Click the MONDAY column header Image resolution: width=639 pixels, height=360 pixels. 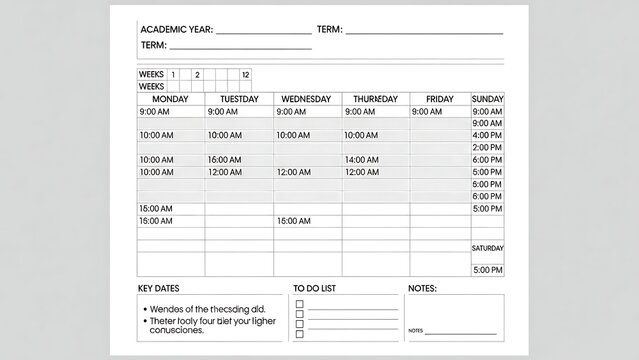tap(170, 99)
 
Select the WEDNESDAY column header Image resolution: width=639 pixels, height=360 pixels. tap(307, 99)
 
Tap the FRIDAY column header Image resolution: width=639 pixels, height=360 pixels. tap(439, 99)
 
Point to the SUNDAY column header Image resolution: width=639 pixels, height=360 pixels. tap(487, 99)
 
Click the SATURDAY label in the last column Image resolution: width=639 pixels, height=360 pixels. tap(487, 248)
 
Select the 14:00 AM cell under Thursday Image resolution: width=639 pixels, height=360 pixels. tap(361, 160)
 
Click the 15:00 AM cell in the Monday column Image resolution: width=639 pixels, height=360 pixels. tap(155, 208)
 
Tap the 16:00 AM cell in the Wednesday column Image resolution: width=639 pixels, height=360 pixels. tap(292, 221)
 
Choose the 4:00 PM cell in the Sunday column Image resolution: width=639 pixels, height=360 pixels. tap(487, 135)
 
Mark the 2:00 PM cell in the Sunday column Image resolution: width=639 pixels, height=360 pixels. tap(487, 148)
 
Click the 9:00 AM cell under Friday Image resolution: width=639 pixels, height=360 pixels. tap(428, 112)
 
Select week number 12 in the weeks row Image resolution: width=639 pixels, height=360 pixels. tap(246, 74)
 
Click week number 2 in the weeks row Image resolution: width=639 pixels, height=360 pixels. tap(197, 74)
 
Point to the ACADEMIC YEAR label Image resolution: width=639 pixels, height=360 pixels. tap(176, 30)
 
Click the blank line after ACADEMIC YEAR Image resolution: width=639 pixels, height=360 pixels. tap(263, 32)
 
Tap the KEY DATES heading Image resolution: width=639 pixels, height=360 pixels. tap(160, 289)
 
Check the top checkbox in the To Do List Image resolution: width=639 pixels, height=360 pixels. tap(299, 303)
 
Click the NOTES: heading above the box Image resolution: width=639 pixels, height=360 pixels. tap(422, 289)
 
